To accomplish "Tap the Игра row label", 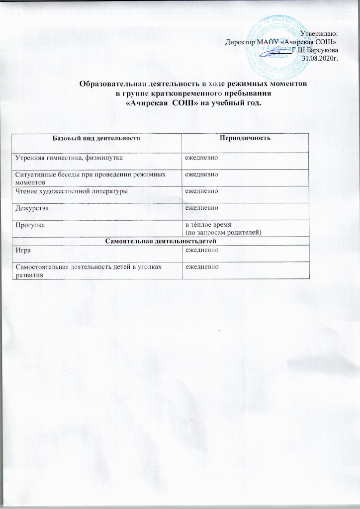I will coord(21,250).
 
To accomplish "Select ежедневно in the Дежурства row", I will coord(202,208).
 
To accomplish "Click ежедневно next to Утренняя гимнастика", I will coord(202,158).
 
